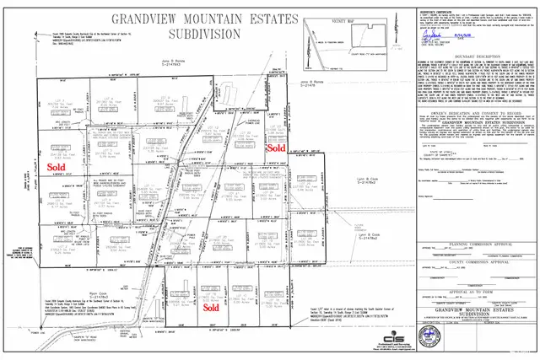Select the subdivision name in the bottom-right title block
(x=472, y=330)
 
